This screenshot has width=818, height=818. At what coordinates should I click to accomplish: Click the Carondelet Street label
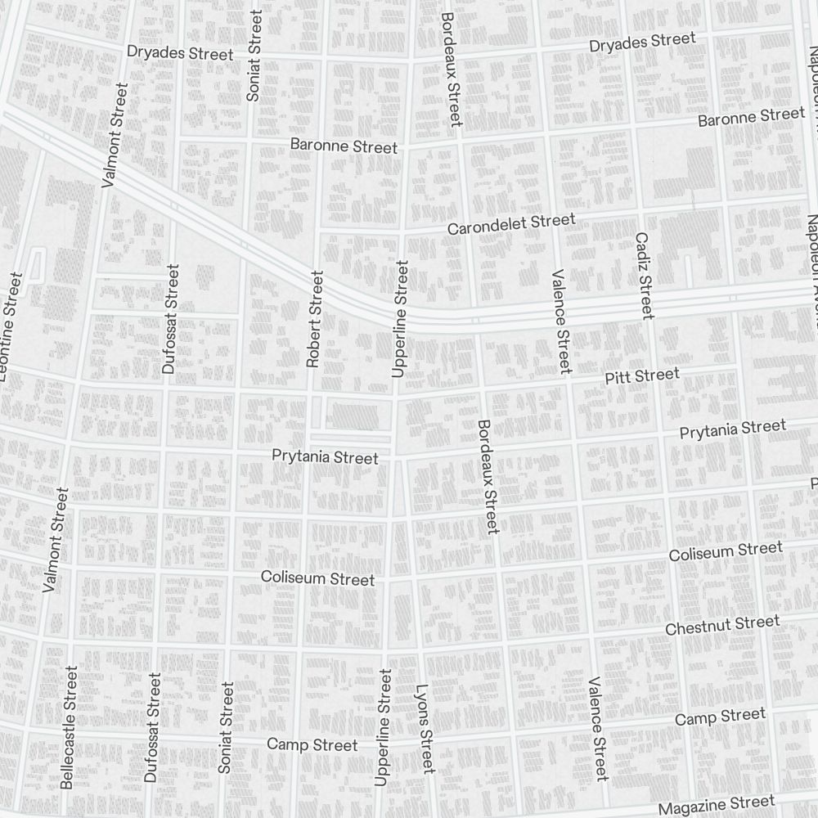click(511, 223)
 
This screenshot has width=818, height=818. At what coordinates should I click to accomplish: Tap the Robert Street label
click(314, 319)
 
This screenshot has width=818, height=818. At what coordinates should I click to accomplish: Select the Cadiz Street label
click(644, 276)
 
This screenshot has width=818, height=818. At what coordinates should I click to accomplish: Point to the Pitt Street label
click(642, 376)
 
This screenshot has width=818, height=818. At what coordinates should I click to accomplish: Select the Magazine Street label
click(716, 805)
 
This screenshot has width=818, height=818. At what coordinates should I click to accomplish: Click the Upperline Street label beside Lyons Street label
click(383, 727)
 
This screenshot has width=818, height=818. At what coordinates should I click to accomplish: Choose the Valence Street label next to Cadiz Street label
click(560, 321)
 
